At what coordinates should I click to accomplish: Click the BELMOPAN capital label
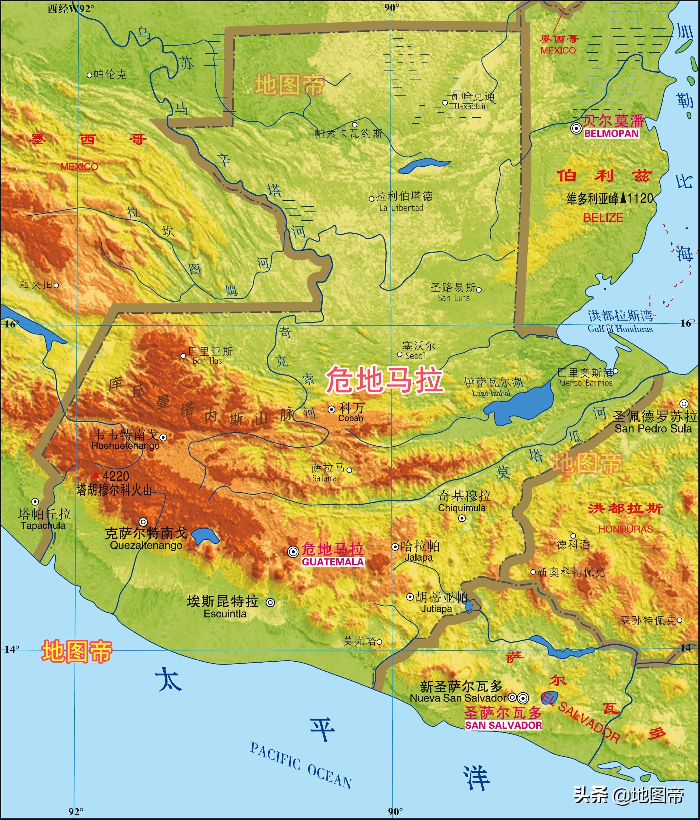pos(611,133)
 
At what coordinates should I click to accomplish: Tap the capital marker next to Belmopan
pos(576,128)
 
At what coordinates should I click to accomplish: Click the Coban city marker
pos(332,409)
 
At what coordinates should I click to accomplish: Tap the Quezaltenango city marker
pos(143,522)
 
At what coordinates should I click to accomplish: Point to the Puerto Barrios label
pos(584,383)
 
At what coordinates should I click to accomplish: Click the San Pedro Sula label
pos(653,429)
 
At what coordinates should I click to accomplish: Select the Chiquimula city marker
pos(462,518)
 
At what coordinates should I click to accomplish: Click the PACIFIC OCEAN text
pos(301,766)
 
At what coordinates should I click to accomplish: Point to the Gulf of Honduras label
pos(620,329)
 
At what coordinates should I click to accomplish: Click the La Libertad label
pos(401,208)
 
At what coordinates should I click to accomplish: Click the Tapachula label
pos(43,526)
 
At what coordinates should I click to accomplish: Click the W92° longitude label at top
pos(71,9)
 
